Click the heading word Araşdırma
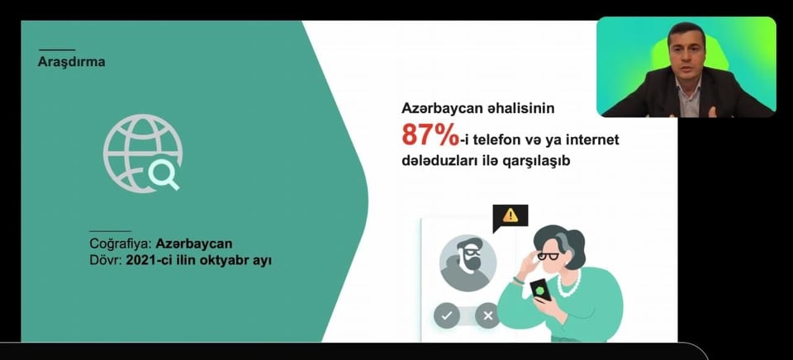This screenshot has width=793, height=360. tap(71, 62)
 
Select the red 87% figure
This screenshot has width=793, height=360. tap(430, 135)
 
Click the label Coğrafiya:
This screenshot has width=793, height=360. tap(121, 244)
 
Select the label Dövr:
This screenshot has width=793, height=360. tap(106, 262)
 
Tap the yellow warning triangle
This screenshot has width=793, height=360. tap(510, 216)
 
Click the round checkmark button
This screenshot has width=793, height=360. tap(447, 316)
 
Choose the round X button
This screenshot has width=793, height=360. tap(487, 316)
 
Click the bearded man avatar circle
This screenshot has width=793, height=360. tap(468, 263)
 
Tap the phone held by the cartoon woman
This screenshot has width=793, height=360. tap(541, 290)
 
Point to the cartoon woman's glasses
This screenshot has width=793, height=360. tap(548, 256)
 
